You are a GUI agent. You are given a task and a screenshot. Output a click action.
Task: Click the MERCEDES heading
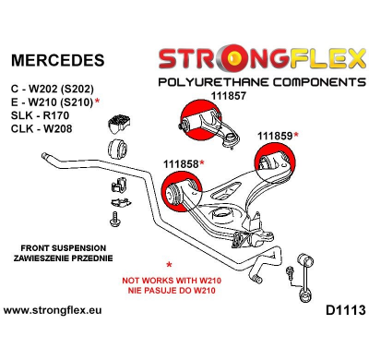[56, 61]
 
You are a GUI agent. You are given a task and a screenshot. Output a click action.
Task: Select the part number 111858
[182, 163]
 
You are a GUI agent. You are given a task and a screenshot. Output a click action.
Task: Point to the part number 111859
[274, 136]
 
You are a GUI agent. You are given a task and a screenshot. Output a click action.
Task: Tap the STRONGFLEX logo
[259, 60]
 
